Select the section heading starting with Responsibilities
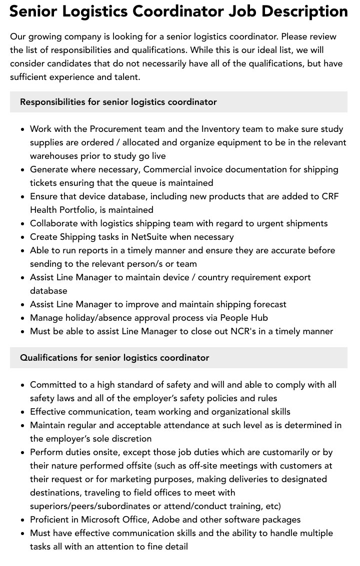point(118,102)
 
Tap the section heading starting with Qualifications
point(114,358)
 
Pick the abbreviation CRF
point(330,196)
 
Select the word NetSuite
point(156,237)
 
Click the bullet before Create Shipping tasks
point(23,237)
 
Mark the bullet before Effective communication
point(23,412)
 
